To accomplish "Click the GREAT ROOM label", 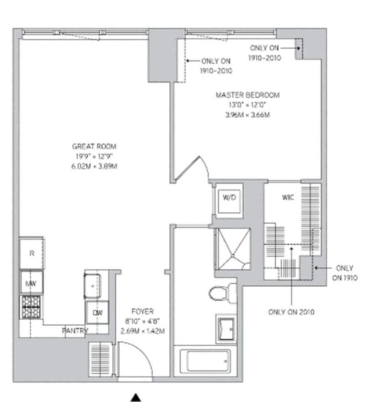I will pos(94,146).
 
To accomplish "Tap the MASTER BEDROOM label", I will pos(247,95).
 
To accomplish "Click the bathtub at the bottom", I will pos(206,361).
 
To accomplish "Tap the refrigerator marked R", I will pos(31,253).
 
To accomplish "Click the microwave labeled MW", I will pos(31,283).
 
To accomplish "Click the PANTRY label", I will pos(75,331).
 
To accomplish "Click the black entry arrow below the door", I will pos(136,397).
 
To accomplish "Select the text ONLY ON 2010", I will pos(291,312).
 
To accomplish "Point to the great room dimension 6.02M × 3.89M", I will pos(94,166).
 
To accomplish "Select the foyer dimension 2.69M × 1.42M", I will pos(140,330).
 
